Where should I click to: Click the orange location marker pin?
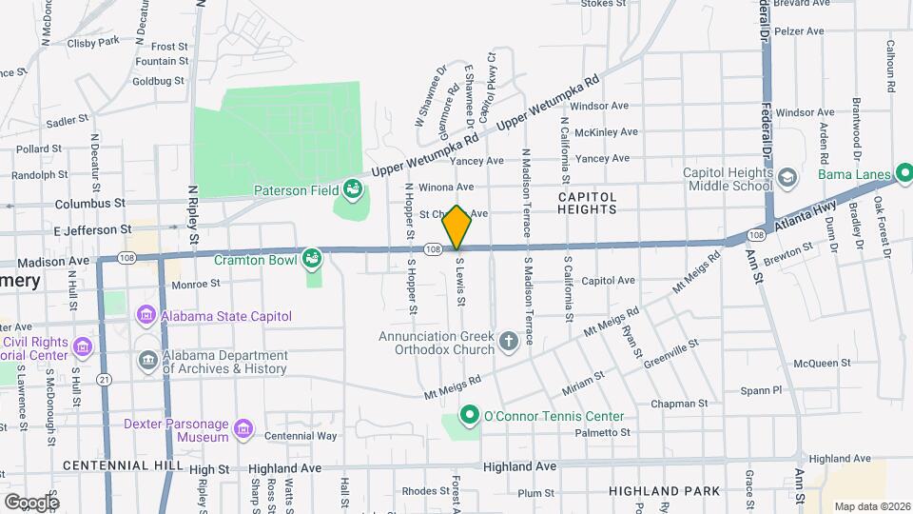[457, 227]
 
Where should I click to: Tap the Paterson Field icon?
[353, 189]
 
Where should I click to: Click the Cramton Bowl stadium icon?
[312, 259]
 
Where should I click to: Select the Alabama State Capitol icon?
[146, 315]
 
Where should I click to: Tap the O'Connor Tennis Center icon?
[468, 416]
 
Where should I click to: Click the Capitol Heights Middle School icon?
[787, 178]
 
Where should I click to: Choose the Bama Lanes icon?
[903, 174]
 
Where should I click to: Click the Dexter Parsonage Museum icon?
[244, 429]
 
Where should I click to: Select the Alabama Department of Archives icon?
[147, 360]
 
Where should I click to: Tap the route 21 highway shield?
[104, 379]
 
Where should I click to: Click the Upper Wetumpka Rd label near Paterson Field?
[422, 155]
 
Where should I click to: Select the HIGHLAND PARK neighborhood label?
[655, 492]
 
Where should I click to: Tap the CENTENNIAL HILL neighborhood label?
[120, 465]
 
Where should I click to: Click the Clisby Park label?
[94, 41]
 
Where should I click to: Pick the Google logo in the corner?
[30, 502]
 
